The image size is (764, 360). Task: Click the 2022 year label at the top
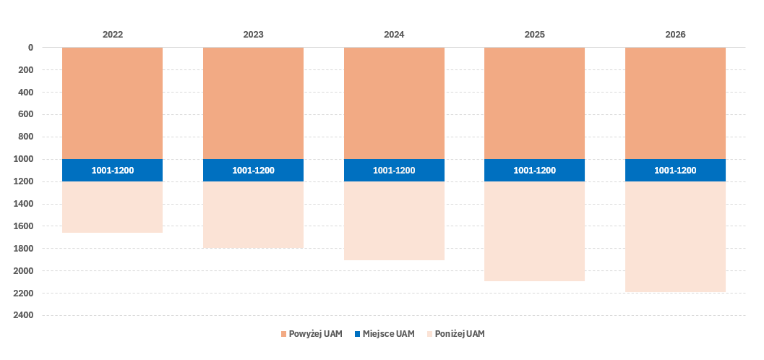[112, 34]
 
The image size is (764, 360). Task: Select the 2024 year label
[394, 34]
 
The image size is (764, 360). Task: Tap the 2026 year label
[675, 34]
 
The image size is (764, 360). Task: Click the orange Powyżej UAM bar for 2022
[112, 103]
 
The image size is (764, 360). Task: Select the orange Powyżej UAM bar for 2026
[675, 103]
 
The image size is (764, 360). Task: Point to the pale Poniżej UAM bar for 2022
[112, 207]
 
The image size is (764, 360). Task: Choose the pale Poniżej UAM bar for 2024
[394, 220]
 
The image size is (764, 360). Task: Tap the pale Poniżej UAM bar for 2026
[675, 236]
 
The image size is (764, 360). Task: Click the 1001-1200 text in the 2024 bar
[394, 171]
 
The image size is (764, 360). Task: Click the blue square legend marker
[358, 334]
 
